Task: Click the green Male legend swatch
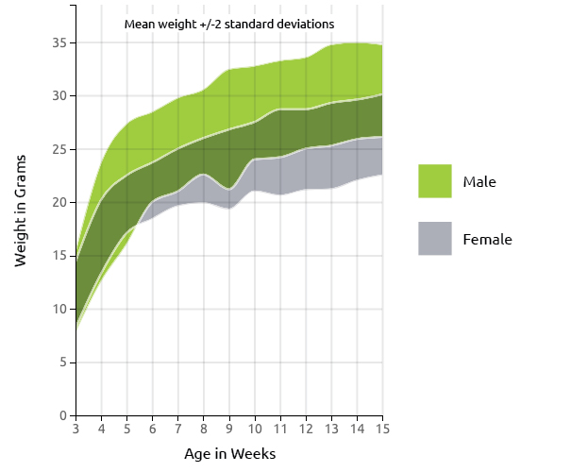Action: pos(435,180)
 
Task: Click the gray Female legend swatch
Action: pos(435,239)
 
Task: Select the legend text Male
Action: pos(479,181)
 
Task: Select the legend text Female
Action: pos(487,240)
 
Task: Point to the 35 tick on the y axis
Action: pos(59,42)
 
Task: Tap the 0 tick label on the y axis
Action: pos(62,415)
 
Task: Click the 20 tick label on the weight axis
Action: pos(59,202)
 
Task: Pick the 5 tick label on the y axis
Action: pos(62,362)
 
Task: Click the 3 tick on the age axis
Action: pos(76,430)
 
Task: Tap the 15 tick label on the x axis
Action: pos(382,430)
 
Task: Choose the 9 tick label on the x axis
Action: pos(229,430)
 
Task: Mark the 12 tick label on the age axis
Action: pos(306,430)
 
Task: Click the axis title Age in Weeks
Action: pos(229,454)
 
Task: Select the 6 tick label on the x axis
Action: pos(152,430)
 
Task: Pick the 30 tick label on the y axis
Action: pos(59,95)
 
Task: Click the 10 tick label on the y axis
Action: pos(59,309)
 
